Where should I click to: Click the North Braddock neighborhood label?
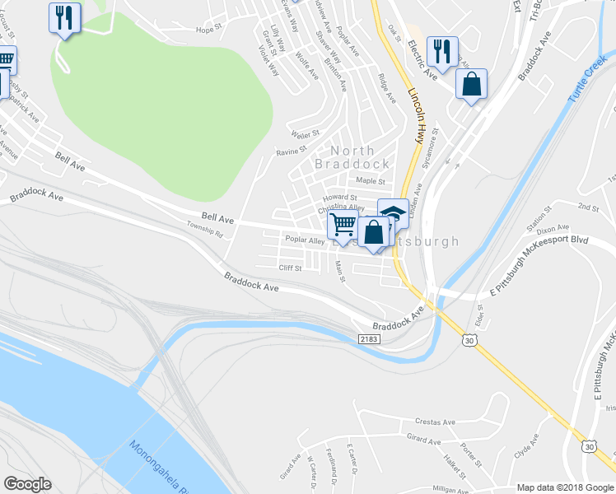352,156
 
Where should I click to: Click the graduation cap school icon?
393,212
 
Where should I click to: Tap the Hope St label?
209,29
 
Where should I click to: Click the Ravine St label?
291,151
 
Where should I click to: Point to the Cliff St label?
291,268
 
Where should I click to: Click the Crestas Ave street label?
436,422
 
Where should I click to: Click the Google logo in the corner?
27,484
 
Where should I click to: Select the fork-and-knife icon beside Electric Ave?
442,51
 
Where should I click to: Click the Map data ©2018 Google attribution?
564,487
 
